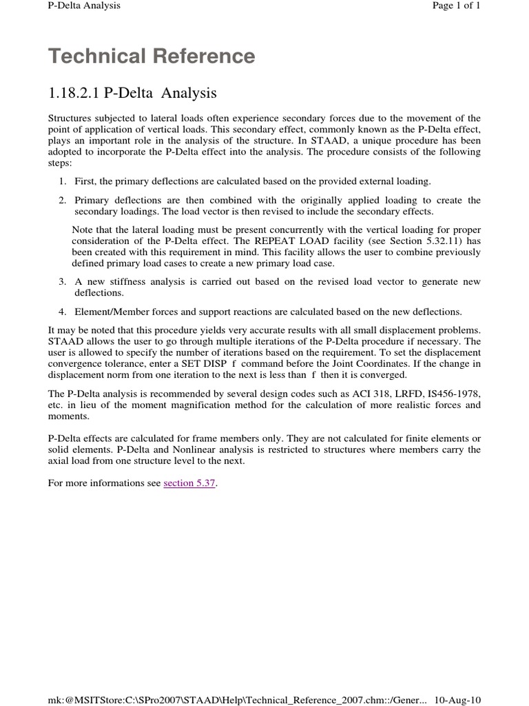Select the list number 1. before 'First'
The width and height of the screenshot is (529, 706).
(x=62, y=181)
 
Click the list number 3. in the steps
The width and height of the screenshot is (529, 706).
(x=62, y=282)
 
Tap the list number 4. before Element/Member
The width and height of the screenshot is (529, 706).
(x=62, y=311)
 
